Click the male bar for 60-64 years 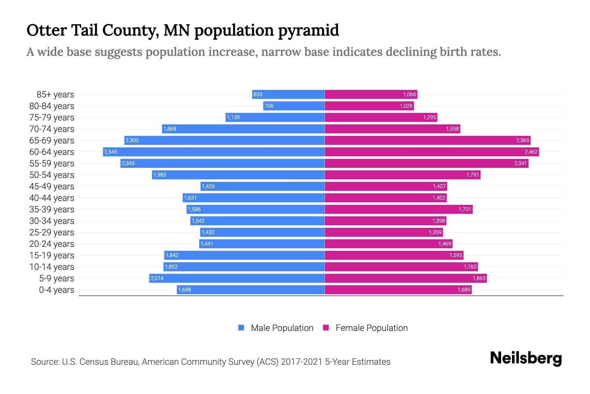pyautogui.click(x=213, y=152)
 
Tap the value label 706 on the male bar pyautogui.click(x=269, y=106)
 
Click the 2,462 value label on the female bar pyautogui.click(x=531, y=152)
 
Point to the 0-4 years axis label pyautogui.click(x=56, y=290)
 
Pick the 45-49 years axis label pyautogui.click(x=52, y=186)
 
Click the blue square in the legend pyautogui.click(x=241, y=328)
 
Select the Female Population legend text pyautogui.click(x=371, y=328)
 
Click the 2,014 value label pyautogui.click(x=157, y=278)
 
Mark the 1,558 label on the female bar pyautogui.click(x=452, y=129)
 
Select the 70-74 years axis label pyautogui.click(x=52, y=129)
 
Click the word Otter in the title pyautogui.click(x=47, y=30)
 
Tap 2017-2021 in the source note pyautogui.click(x=301, y=361)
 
